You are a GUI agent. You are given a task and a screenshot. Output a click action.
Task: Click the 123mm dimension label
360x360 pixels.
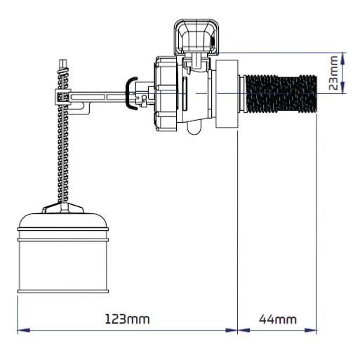pyautogui.click(x=127, y=319)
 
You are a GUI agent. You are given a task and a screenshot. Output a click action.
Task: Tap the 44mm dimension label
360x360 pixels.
pyautogui.click(x=278, y=319)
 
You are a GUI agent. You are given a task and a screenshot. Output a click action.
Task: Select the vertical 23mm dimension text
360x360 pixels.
pyautogui.click(x=333, y=73)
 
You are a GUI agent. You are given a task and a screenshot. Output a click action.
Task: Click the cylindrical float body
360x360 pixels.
pyautogui.click(x=63, y=265)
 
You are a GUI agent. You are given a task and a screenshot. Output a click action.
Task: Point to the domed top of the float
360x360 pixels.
pyautogui.click(x=63, y=220)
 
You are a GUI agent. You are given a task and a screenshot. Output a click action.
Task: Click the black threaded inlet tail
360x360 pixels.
pyautogui.click(x=281, y=93)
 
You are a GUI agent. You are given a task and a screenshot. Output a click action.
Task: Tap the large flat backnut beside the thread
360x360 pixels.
pyautogui.click(x=227, y=94)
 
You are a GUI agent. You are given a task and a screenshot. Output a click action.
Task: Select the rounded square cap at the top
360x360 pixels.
pyautogui.click(x=196, y=37)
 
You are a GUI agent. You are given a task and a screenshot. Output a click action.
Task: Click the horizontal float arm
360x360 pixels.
pyautogui.click(x=98, y=97)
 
